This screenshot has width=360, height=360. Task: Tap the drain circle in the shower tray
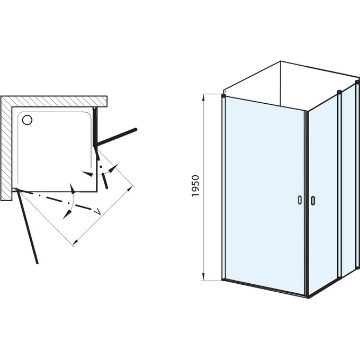[x=27, y=120]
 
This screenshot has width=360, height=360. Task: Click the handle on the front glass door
[x=300, y=200]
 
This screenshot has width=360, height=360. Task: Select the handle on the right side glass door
[x=313, y=201]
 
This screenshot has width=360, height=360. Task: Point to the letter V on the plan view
[x=98, y=211]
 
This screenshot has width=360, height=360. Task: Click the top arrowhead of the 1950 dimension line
[x=203, y=98]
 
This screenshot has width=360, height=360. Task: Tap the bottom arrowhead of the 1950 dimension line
[x=203, y=276]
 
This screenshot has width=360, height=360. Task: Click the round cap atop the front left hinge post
[x=223, y=95]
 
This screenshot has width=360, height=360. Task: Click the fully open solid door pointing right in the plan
[x=117, y=137]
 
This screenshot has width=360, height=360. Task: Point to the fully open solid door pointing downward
[x=28, y=227]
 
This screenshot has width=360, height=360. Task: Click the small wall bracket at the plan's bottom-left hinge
[x=14, y=190]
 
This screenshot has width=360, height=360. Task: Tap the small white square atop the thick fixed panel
[x=94, y=108]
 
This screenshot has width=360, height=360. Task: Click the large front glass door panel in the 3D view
[x=265, y=195]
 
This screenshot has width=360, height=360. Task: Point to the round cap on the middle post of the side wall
[x=339, y=92]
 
